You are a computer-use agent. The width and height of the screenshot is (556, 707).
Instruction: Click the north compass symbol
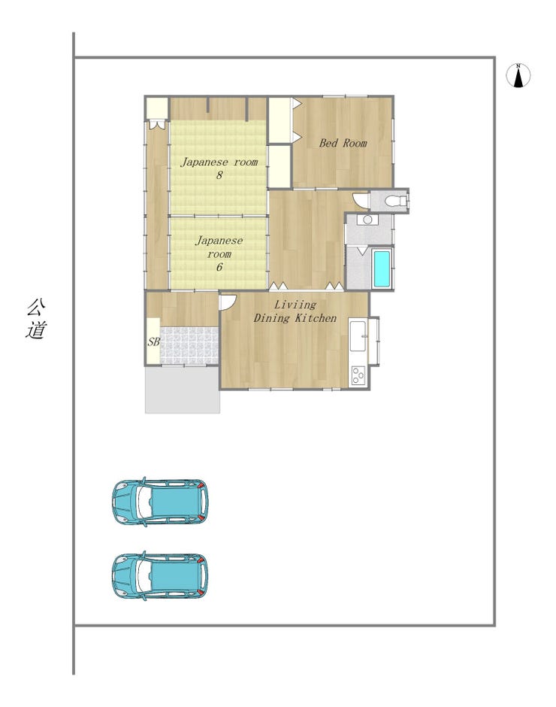[x=518, y=75]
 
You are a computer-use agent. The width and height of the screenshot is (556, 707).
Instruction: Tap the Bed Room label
[x=343, y=143]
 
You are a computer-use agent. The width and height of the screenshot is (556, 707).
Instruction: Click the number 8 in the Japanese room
[x=219, y=175]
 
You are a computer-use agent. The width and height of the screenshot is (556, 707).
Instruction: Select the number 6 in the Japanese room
[x=219, y=267]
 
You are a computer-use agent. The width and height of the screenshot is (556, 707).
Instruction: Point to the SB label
[x=153, y=341]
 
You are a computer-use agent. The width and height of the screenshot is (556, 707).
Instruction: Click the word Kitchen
[x=315, y=318]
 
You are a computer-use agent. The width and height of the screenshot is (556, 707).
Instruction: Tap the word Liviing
[x=295, y=305]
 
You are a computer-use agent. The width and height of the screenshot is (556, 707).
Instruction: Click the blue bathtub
[x=382, y=269]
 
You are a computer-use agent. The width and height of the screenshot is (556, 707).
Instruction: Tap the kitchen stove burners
[x=358, y=375]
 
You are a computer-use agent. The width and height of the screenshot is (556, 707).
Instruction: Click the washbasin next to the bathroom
[x=367, y=220]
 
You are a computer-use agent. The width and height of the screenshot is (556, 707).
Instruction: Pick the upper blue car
[x=160, y=502]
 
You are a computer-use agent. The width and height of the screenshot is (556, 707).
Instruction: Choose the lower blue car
[x=160, y=575]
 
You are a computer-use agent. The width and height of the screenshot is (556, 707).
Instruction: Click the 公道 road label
[x=36, y=319]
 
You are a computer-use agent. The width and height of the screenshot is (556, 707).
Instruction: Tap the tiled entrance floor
[x=189, y=345]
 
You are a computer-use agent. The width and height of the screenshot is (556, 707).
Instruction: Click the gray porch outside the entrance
[x=182, y=390]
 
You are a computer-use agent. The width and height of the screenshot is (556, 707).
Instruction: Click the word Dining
[x=271, y=318]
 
